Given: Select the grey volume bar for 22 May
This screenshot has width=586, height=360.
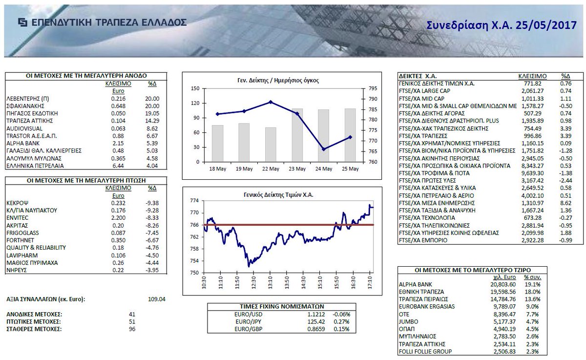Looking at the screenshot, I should point(271,144).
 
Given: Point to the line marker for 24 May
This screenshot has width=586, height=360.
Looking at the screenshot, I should point(323,149).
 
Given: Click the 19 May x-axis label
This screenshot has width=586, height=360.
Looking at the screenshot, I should point(244,169).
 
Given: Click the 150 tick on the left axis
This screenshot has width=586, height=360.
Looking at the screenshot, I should point(195,89).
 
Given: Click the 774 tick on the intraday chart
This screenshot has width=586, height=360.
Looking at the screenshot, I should point(195,201).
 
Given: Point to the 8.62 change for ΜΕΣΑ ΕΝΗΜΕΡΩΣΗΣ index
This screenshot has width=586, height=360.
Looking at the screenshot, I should point(565,203).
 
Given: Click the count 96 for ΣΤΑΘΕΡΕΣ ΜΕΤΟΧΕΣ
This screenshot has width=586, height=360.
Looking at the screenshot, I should point(131,329).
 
